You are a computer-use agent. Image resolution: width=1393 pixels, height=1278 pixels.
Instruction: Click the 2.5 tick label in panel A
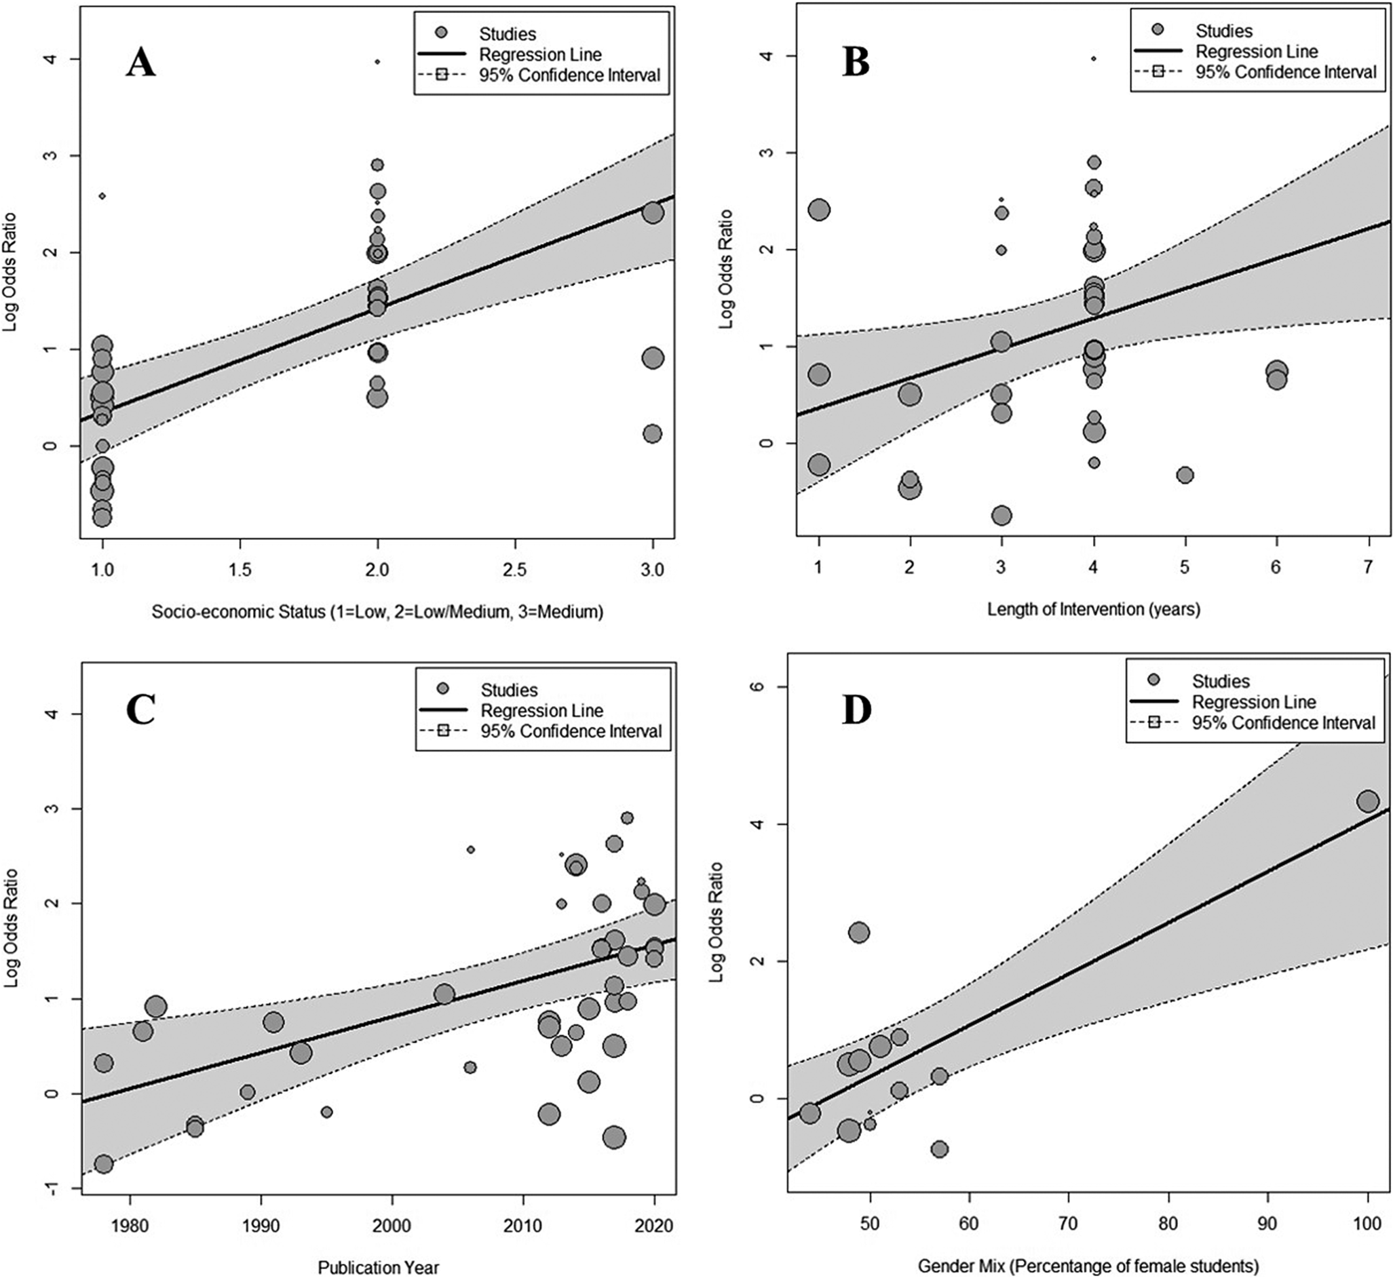(514, 570)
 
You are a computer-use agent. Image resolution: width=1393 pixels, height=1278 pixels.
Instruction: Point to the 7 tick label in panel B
(1367, 567)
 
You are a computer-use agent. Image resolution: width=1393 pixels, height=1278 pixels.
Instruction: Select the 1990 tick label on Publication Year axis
(261, 1226)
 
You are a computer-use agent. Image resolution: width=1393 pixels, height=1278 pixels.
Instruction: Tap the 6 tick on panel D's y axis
(765, 686)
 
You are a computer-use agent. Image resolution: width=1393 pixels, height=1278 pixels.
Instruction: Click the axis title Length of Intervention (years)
(1094, 609)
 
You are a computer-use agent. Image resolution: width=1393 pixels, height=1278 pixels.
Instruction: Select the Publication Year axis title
(379, 1267)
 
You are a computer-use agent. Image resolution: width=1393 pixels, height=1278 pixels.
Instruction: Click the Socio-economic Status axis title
(378, 611)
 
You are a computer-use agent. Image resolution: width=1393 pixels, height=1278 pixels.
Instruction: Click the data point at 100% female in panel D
(1367, 802)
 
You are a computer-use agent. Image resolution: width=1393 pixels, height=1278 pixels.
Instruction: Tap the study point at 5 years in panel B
(1185, 474)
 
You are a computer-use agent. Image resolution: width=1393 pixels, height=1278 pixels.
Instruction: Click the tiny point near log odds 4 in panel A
(377, 62)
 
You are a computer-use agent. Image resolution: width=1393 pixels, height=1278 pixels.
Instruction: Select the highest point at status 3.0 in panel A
(652, 212)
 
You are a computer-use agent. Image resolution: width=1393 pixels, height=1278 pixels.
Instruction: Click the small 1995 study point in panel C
(326, 1112)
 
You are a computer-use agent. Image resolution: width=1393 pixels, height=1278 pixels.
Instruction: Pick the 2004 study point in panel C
(444, 994)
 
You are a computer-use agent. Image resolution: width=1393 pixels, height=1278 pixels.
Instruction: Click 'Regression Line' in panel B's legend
(1257, 52)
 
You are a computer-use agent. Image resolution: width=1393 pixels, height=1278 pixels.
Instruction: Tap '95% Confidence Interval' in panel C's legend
(571, 731)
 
